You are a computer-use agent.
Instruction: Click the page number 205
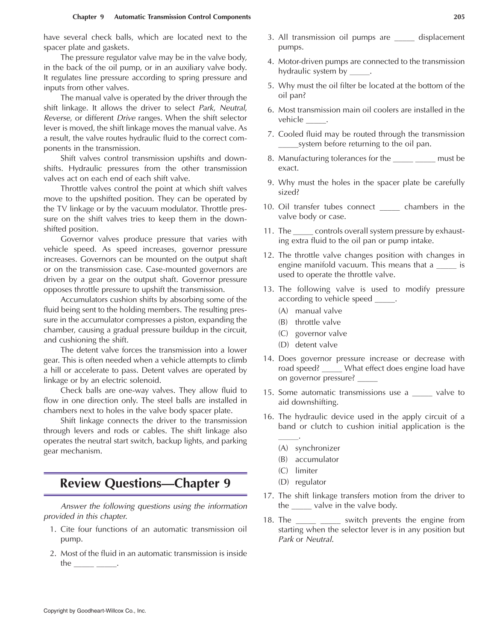pos(459,17)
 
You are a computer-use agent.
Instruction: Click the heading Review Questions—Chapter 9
pos(145,483)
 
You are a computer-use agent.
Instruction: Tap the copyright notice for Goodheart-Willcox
pos(95,611)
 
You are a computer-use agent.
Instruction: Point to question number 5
pos(270,85)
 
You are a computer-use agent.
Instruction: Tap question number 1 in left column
pos(53,529)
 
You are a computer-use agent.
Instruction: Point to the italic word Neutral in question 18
pos(319,539)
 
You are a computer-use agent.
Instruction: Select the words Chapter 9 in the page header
pos(88,17)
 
